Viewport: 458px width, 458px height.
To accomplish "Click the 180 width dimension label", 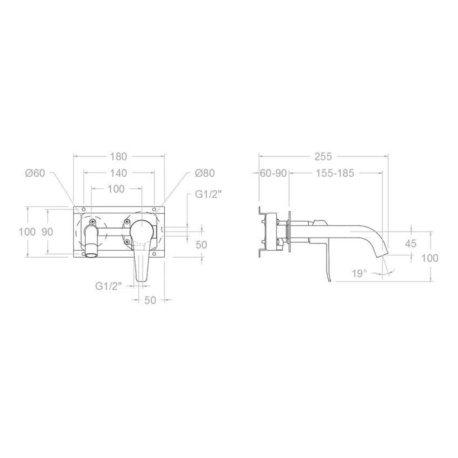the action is click(x=118, y=156).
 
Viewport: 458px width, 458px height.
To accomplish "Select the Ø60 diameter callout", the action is click(x=35, y=173).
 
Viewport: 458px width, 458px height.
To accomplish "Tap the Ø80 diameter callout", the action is click(x=205, y=173).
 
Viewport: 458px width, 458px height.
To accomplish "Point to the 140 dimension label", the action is click(x=118, y=173).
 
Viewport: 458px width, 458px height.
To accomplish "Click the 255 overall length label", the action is click(x=323, y=156).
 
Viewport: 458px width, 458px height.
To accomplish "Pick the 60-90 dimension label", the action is click(x=273, y=173).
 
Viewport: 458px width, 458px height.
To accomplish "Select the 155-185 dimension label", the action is click(x=335, y=173).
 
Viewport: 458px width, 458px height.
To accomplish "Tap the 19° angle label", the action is click(x=359, y=273).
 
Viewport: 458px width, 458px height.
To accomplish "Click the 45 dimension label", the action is click(x=411, y=243).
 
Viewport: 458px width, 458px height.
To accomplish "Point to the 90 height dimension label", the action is click(x=47, y=232).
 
